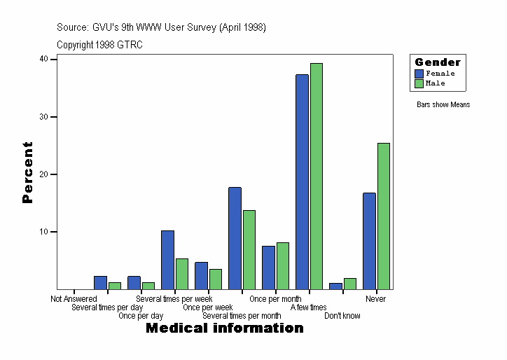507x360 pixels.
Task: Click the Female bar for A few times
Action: tap(302, 181)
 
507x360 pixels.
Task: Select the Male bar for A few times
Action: tap(317, 176)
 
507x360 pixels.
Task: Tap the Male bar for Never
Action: tap(384, 216)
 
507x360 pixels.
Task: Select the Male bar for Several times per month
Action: tap(249, 249)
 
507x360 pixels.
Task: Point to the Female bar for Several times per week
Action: tap(167, 259)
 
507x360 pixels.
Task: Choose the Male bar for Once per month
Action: tap(283, 265)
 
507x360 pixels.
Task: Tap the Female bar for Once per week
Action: tap(201, 275)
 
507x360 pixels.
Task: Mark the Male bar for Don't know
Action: tap(350, 284)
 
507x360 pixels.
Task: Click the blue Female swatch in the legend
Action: tap(419, 74)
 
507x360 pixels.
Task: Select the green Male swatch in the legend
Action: tap(419, 83)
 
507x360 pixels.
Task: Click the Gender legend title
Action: tap(438, 62)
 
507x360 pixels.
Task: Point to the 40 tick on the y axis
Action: tap(43, 60)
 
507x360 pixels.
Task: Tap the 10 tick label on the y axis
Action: tap(43, 232)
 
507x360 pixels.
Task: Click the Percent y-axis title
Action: tap(27, 172)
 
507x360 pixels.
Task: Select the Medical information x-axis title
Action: tap(224, 328)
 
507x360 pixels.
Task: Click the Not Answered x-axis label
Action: tap(74, 299)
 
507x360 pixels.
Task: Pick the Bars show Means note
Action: tap(443, 105)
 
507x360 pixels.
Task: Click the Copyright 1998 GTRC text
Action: tap(99, 45)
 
